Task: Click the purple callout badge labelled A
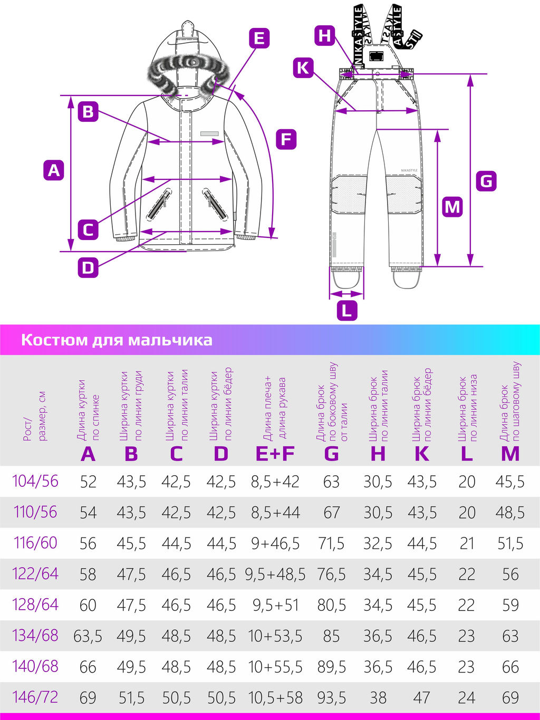(54, 170)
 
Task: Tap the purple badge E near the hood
(258, 39)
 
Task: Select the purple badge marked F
(286, 139)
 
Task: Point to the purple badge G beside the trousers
(486, 181)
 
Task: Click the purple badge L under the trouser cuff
(346, 310)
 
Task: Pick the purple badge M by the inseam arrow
(452, 206)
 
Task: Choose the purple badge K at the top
(303, 68)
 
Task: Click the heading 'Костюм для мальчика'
(117, 340)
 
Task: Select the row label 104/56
(35, 481)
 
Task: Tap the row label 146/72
(35, 697)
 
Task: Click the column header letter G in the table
(331, 454)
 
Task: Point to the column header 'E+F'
(275, 454)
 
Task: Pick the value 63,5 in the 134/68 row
(88, 636)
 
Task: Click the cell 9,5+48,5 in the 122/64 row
(275, 574)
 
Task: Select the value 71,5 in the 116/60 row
(331, 543)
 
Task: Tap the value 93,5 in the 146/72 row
(331, 698)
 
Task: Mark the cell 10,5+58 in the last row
(275, 698)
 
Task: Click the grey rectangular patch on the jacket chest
(209, 134)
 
